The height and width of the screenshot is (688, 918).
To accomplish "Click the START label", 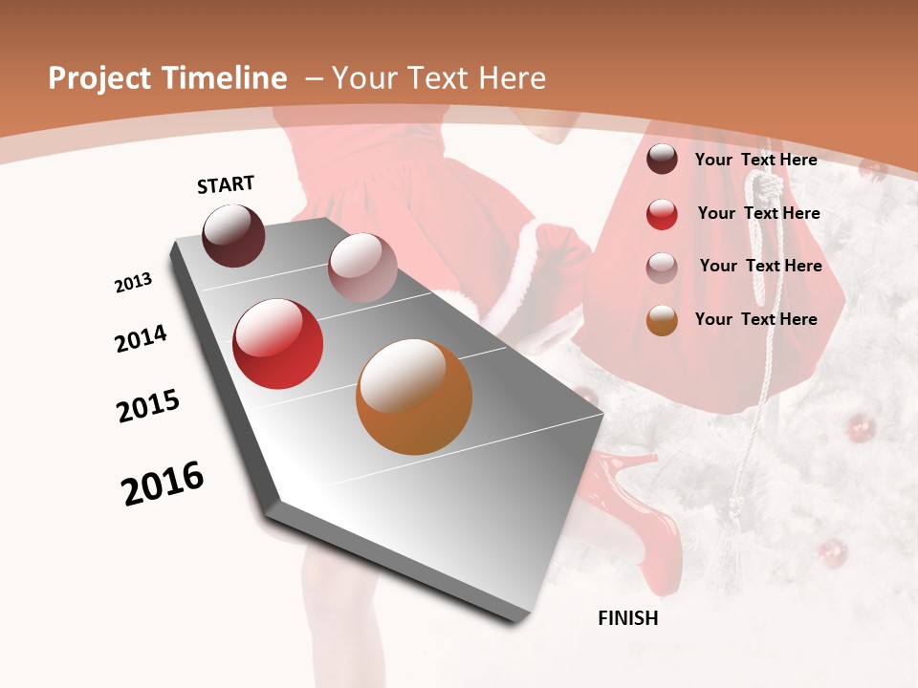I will pyautogui.click(x=226, y=184).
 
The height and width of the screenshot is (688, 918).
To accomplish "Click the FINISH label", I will pyautogui.click(x=627, y=618).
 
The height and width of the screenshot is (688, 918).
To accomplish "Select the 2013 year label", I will pyautogui.click(x=134, y=283).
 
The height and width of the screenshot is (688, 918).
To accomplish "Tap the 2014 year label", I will pyautogui.click(x=141, y=338).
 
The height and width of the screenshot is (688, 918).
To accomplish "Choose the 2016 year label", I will pyautogui.click(x=163, y=484).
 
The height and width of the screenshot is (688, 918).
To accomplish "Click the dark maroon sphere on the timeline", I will pyautogui.click(x=233, y=235).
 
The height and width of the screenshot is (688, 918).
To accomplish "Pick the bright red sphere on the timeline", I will pyautogui.click(x=278, y=344).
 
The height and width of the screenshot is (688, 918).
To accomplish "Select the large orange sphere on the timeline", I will pyautogui.click(x=414, y=397).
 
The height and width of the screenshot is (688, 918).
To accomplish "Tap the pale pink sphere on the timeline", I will pyautogui.click(x=362, y=267).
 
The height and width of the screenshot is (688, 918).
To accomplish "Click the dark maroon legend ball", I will pyautogui.click(x=662, y=160).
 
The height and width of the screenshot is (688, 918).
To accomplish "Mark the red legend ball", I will pyautogui.click(x=662, y=214).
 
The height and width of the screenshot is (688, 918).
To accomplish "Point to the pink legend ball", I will pyautogui.click(x=662, y=267).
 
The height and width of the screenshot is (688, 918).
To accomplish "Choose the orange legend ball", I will pyautogui.click(x=662, y=320).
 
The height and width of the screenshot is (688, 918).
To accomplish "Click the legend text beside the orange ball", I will pyautogui.click(x=755, y=319).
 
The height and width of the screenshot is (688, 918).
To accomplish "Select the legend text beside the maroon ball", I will pyautogui.click(x=755, y=160).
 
